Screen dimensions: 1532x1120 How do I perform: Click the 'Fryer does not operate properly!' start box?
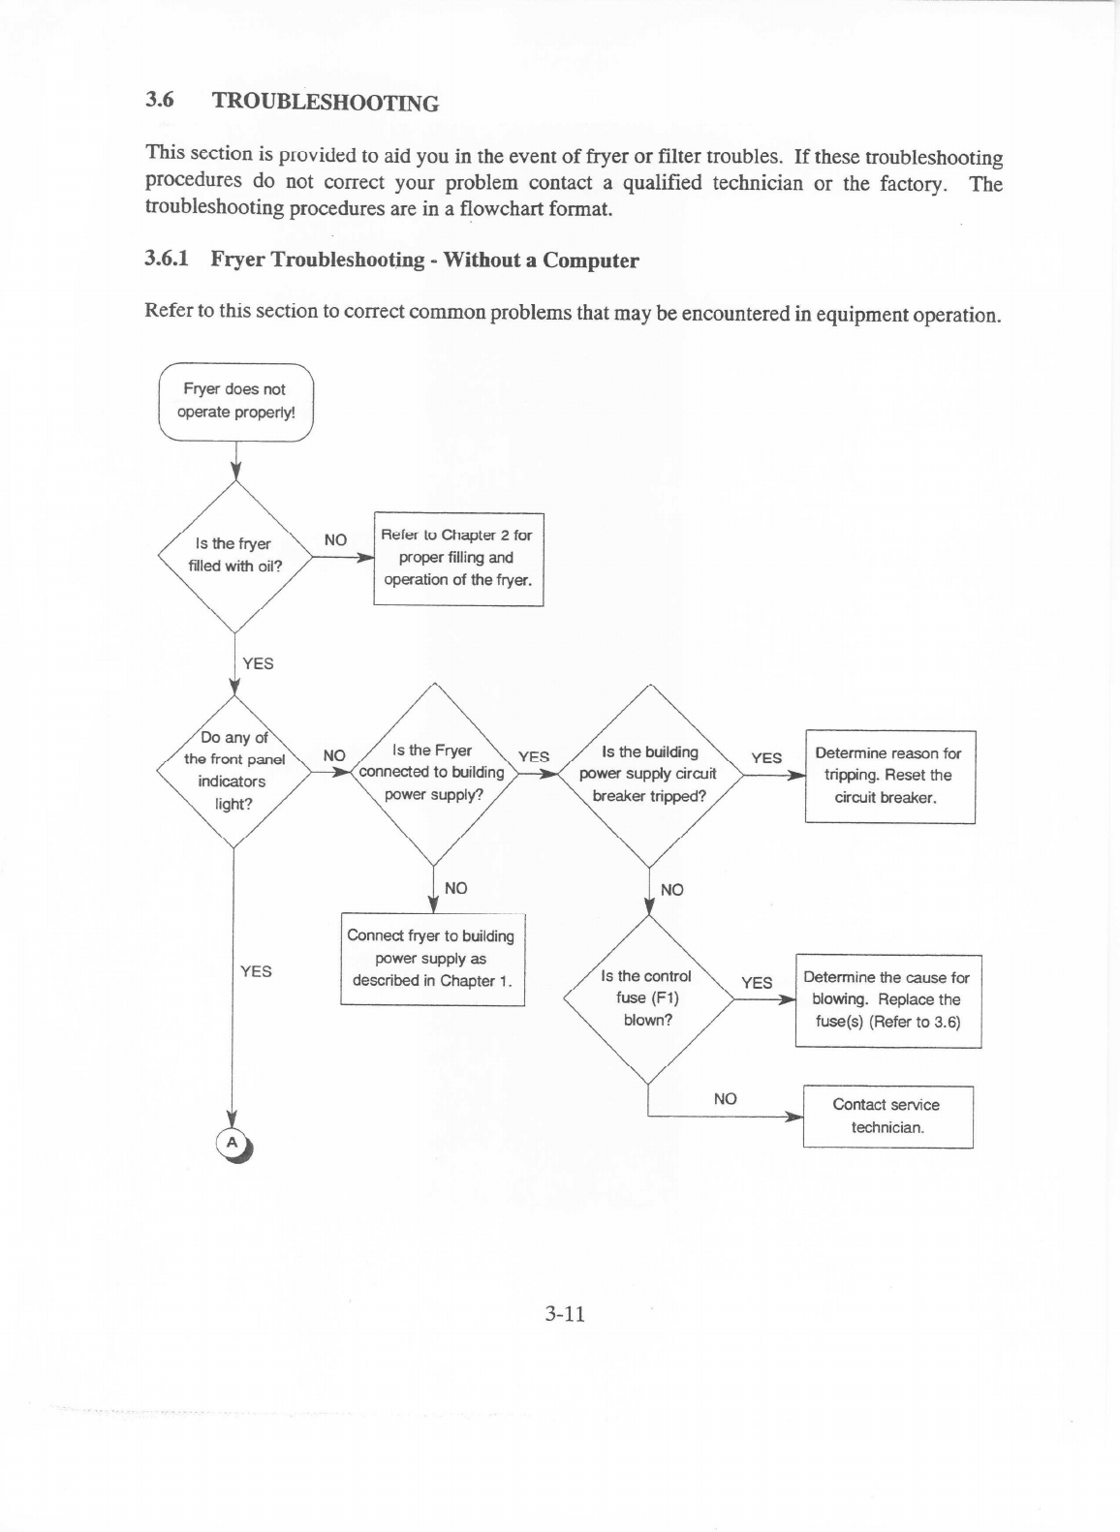coord(235,401)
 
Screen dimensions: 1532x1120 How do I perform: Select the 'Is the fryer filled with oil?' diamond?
coord(234,556)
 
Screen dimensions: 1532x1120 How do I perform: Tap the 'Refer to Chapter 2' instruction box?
coord(458,558)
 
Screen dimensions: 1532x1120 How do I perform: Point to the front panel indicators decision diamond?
coord(233,771)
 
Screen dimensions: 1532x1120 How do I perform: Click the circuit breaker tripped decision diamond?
coord(648,774)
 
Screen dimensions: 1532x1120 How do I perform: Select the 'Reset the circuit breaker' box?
coord(889,776)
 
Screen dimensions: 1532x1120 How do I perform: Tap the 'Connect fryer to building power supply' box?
coord(432,959)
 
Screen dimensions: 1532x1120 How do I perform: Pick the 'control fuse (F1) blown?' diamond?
coord(647,998)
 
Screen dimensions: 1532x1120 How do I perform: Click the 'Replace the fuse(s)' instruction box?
coord(887,1000)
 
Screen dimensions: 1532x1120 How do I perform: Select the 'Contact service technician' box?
coord(887,1117)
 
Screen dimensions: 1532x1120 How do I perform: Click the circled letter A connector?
coord(232,1143)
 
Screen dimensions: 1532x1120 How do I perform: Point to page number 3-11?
coord(565,1314)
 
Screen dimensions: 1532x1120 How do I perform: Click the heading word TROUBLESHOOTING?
coord(325,102)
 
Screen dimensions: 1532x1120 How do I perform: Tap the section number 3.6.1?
coord(167,259)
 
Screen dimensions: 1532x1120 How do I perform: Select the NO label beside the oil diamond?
coord(335,539)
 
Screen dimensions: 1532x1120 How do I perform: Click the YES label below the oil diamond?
coord(258,663)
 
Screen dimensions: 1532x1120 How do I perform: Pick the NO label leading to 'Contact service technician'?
coord(725,1098)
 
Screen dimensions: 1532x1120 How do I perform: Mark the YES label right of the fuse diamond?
coord(757,983)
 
